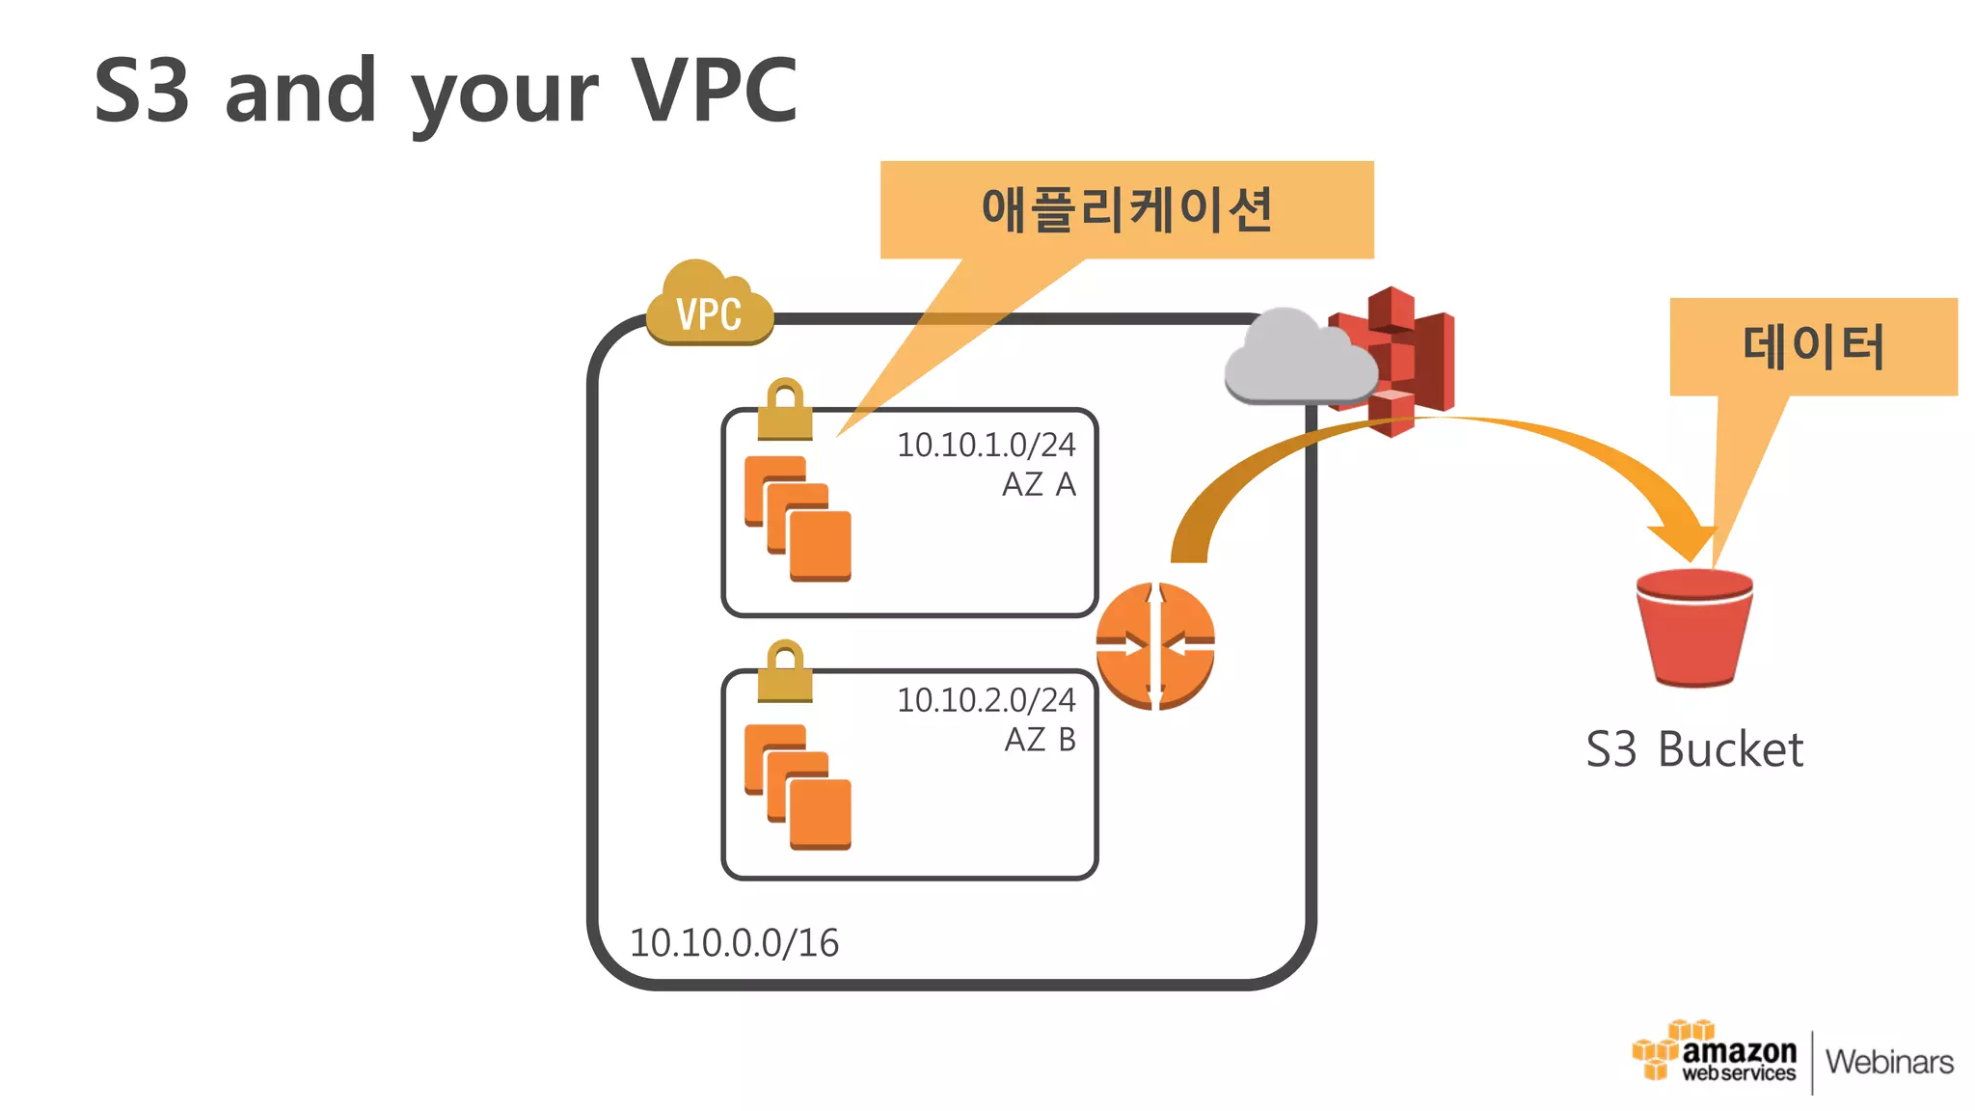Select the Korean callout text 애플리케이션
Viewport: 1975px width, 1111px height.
tap(1126, 209)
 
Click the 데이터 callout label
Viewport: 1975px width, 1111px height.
tap(1813, 346)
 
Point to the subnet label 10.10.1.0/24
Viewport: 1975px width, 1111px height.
tap(986, 445)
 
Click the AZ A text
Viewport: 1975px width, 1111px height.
tap(1039, 484)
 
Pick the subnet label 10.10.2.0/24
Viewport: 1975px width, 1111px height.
tap(986, 700)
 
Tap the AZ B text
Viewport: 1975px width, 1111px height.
tap(1040, 740)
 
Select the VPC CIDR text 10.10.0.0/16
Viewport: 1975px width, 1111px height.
tap(734, 942)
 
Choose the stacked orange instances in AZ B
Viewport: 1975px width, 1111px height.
tap(798, 787)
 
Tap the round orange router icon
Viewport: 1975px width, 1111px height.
tap(1155, 646)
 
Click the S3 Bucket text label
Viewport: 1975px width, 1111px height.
tap(1694, 749)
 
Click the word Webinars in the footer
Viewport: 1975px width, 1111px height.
tap(1889, 1062)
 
